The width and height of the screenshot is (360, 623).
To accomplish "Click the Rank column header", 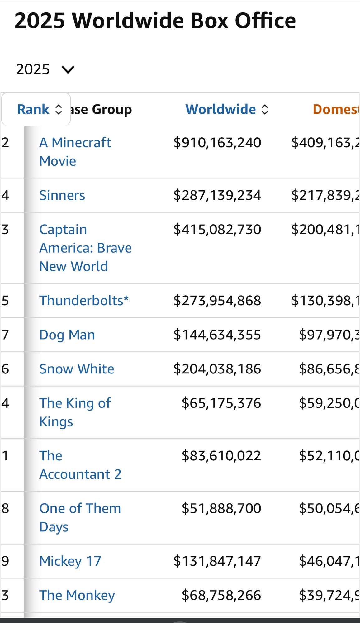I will tap(34, 109).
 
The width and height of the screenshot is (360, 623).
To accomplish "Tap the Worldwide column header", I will tap(221, 109).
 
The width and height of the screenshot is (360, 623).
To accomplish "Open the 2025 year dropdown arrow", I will tap(68, 69).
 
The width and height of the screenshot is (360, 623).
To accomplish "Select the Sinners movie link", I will tap(62, 195).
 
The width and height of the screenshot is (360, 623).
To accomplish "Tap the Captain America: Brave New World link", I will tap(85, 248).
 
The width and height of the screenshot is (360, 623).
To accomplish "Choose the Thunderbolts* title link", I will tap(84, 301).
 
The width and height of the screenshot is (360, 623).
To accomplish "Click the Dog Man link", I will tap(67, 335).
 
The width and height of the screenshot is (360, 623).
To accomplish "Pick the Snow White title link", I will tap(77, 369).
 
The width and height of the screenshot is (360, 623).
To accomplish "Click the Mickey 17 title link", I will tap(70, 561).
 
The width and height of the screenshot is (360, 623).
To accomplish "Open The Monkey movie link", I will tap(77, 595).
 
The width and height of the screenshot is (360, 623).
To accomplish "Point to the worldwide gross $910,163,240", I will tap(217, 143).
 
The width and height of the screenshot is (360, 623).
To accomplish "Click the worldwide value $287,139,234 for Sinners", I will tap(217, 195).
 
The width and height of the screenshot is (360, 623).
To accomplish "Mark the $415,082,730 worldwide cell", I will tap(217, 230).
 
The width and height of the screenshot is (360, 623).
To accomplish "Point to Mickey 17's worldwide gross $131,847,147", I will tap(217, 561).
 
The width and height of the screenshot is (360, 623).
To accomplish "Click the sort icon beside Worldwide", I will tap(265, 109).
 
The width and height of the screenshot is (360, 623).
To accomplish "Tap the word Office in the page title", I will tap(265, 21).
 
